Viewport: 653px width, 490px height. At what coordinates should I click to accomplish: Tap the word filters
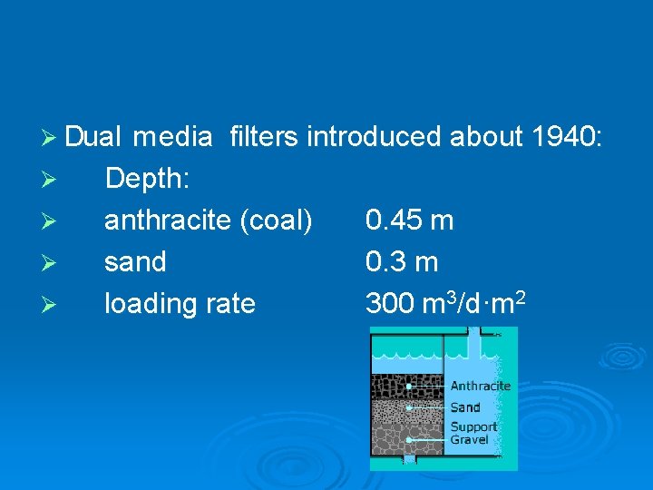tap(264, 137)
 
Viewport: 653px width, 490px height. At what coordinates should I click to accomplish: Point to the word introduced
tap(373, 137)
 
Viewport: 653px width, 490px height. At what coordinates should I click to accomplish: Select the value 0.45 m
tap(409, 220)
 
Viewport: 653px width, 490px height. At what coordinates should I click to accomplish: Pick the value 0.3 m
tap(401, 262)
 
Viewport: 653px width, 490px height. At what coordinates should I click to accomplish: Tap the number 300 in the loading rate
tap(390, 304)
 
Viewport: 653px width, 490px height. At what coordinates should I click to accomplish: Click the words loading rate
tap(180, 304)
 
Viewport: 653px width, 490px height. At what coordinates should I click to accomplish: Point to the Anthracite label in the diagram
tap(480, 387)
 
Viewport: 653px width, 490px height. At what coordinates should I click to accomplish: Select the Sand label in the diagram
tap(465, 408)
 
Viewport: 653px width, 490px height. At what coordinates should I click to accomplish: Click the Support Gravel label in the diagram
tap(473, 433)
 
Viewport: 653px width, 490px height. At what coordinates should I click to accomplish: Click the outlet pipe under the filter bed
tap(408, 460)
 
